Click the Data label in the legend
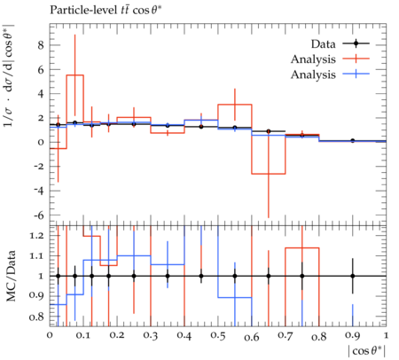[323, 44]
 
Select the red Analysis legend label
[313, 59]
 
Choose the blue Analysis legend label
[313, 74]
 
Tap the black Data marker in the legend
[356, 43]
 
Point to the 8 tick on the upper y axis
[40, 45]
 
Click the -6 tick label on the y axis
[38, 215]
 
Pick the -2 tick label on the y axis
[38, 167]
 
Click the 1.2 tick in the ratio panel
[36, 236]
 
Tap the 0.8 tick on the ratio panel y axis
[36, 317]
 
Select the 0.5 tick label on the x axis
[218, 336]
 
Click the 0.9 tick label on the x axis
[353, 336]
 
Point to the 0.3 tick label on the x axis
[151, 336]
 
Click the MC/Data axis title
[12, 276]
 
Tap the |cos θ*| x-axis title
[367, 351]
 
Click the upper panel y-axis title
[10, 75]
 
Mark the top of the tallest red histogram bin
[75, 75]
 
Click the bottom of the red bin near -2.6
[269, 174]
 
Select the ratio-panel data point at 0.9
[353, 276]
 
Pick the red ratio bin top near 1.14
[302, 248]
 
